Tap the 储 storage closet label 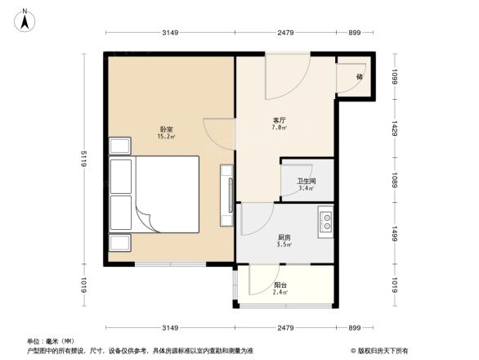pos(359,76)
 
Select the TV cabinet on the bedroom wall pos(226,196)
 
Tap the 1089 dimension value pos(393,180)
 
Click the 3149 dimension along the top pos(169,33)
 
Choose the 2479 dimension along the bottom pos(285,328)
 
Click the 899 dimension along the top pos(354,33)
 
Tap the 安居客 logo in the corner pos(380,350)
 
